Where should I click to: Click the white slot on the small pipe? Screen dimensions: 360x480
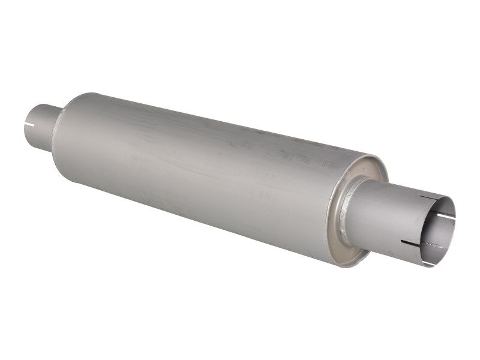[30, 126]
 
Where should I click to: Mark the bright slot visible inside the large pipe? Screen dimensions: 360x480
[443, 216]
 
